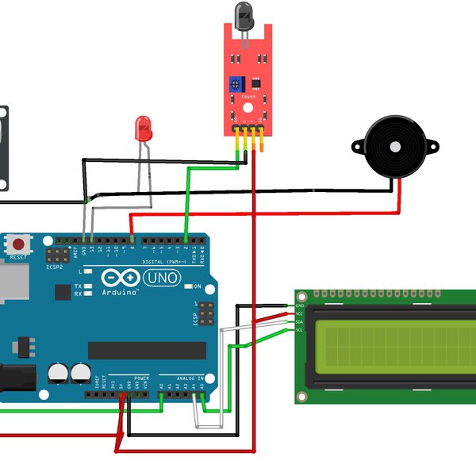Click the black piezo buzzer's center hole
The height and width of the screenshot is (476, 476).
(395, 147)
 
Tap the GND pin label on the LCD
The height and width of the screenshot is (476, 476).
(299, 305)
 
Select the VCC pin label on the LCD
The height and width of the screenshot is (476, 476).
(299, 313)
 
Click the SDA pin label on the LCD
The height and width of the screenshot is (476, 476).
(299, 321)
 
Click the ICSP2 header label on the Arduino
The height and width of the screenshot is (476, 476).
(55, 267)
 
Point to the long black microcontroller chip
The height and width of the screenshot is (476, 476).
(147, 350)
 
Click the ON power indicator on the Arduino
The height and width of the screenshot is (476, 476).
(197, 285)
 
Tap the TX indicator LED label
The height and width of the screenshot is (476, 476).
(78, 286)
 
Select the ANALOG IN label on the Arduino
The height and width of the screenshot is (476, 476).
(190, 378)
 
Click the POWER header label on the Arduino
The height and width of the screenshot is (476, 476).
(141, 378)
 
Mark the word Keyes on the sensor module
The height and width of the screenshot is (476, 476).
(248, 96)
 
